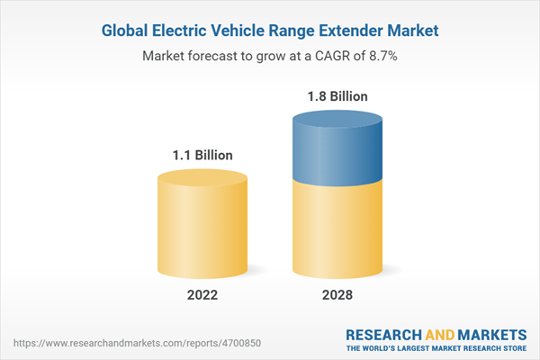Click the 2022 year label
[202, 294]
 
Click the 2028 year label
[334, 294]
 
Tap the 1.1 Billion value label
[202, 155]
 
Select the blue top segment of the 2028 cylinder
[334, 144]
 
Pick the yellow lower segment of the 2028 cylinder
[334, 225]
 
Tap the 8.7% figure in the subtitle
[382, 55]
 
